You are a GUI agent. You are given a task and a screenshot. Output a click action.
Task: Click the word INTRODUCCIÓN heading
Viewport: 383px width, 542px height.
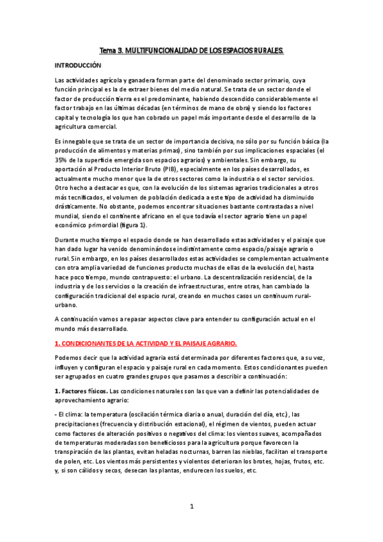[78, 65]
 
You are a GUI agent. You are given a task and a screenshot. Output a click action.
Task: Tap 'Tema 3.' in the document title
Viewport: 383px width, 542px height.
[112, 50]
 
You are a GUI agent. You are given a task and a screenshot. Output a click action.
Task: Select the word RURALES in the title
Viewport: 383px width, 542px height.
[265, 50]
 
